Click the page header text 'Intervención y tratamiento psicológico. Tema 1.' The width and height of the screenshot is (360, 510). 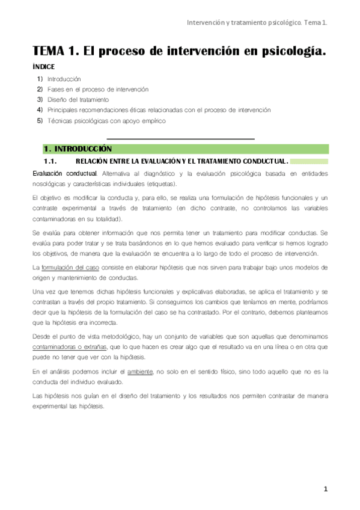[258, 23]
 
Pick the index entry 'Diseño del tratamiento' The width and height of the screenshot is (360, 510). [78, 99]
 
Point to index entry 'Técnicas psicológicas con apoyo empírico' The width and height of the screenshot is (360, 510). [106, 120]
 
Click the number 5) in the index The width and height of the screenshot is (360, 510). [40, 120]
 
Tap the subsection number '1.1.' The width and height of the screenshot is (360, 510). [50, 161]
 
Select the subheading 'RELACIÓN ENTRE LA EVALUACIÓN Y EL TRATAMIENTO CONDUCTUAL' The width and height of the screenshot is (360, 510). [182, 161]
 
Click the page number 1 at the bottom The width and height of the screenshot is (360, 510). [326, 489]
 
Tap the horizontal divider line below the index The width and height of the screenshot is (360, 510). [180, 140]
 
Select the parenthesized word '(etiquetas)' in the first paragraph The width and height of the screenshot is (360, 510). [157, 183]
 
